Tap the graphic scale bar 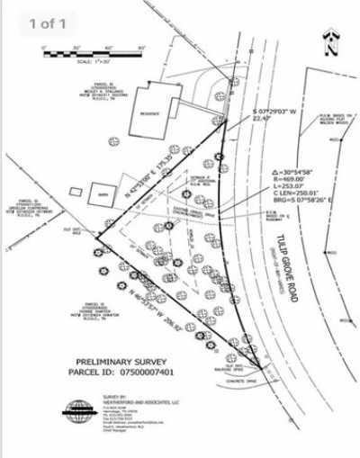coord(85,52)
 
